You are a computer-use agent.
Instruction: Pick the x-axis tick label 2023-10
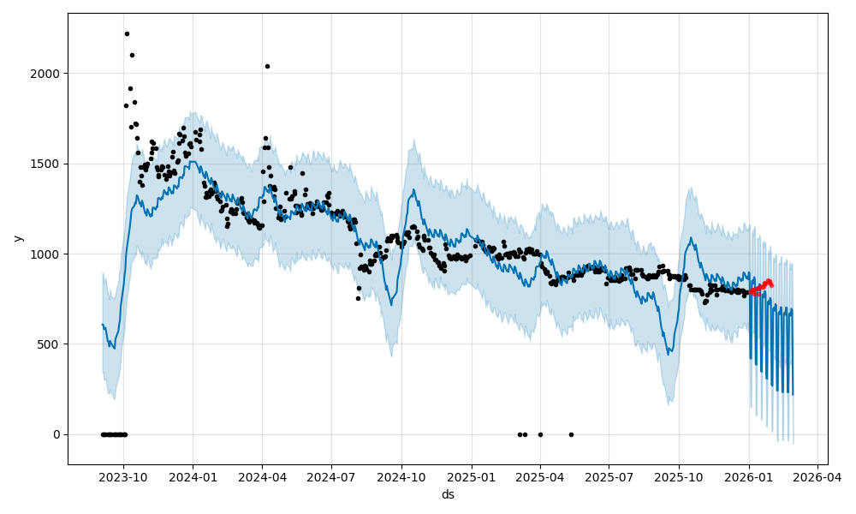123,476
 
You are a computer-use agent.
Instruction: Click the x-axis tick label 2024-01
193,476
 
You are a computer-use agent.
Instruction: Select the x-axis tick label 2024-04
262,476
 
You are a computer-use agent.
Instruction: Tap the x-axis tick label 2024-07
331,476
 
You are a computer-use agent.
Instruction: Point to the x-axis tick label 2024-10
401,476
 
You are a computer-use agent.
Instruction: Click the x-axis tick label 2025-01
471,476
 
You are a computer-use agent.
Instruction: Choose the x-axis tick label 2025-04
540,476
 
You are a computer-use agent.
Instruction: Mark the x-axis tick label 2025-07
609,476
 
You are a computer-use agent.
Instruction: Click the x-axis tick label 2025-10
679,476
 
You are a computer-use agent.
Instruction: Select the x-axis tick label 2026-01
749,476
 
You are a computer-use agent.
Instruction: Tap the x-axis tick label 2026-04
817,476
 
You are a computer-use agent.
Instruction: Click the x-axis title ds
448,494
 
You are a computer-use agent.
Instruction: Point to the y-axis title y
18,238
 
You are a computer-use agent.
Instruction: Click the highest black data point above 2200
127,33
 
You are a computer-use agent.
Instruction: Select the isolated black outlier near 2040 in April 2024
267,66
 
